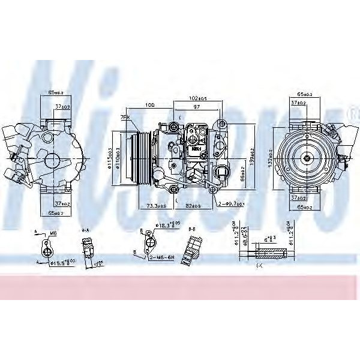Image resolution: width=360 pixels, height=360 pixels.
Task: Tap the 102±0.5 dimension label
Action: click(x=199, y=98)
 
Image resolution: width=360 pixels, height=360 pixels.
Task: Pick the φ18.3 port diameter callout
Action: click(x=166, y=226)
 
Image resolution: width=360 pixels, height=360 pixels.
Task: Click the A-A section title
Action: click(x=85, y=230)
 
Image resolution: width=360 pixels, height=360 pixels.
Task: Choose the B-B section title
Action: click(x=193, y=229)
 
